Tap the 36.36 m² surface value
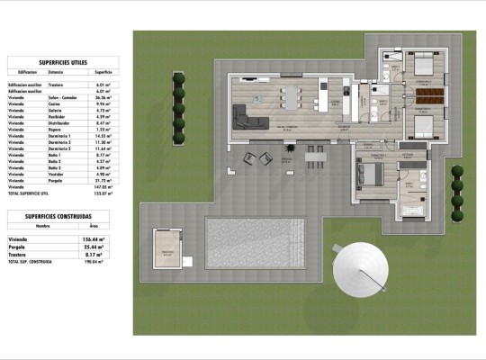102,97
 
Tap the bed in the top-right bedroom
423,66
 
